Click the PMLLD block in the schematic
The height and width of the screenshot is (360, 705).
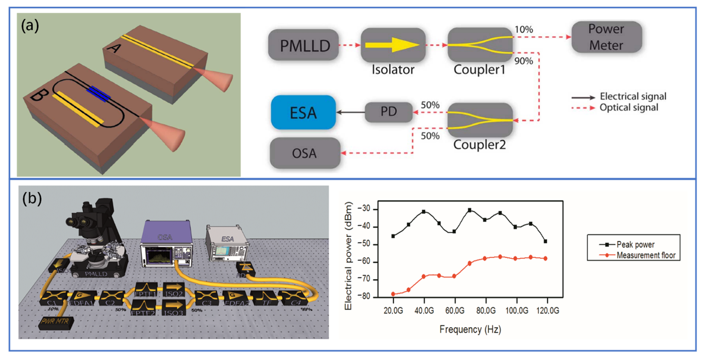pos(304,45)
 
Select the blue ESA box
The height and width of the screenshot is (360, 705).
pos(303,112)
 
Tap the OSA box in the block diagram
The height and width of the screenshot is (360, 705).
pos(304,153)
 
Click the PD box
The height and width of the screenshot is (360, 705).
pos(389,112)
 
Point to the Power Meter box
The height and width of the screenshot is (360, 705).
pos(606,37)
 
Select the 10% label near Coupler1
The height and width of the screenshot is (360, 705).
pos(524,29)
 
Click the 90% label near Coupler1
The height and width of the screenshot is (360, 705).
pos(524,61)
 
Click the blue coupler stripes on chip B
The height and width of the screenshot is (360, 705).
pos(99,94)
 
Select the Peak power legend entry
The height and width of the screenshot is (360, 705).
pos(635,245)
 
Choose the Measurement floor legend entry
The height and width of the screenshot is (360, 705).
pos(646,255)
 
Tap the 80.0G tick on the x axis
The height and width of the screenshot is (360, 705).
pos(486,311)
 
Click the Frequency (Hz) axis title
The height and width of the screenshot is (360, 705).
pos(470,329)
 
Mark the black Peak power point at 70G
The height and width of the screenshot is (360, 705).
pos(470,210)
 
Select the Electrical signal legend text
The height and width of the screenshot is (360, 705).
pos(633,96)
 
